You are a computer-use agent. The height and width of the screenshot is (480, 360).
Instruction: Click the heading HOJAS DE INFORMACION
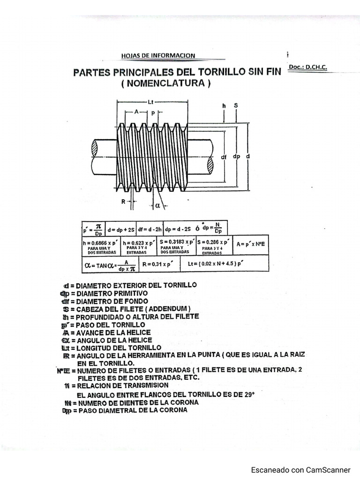tap(158, 56)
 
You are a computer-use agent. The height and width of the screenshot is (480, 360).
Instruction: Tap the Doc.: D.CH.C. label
tap(307, 67)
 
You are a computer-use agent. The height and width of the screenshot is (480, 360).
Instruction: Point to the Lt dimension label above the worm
tap(151, 102)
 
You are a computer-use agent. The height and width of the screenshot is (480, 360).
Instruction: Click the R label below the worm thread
tap(123, 202)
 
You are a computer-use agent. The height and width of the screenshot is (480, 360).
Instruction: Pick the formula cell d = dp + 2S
tap(121, 230)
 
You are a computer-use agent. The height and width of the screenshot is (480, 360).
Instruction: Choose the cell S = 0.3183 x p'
tap(177, 242)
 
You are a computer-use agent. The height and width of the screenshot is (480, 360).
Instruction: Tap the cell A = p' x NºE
tap(250, 244)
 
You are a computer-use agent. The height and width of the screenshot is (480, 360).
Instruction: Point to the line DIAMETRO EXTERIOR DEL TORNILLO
tap(130, 285)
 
